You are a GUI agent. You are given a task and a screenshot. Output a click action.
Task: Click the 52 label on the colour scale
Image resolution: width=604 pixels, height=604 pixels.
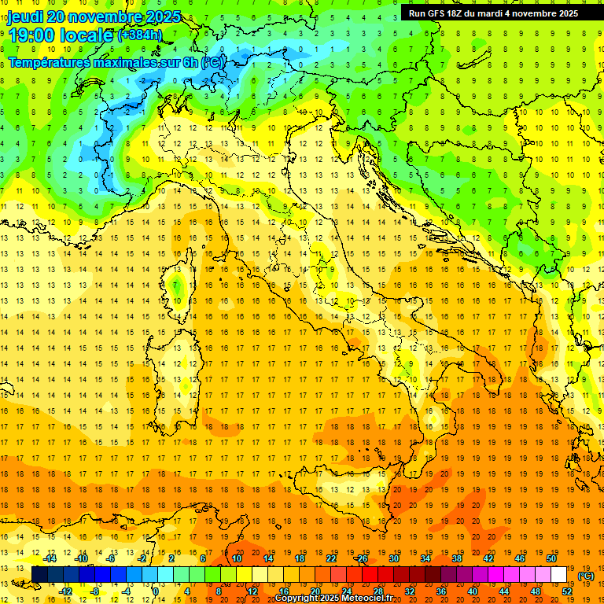567,591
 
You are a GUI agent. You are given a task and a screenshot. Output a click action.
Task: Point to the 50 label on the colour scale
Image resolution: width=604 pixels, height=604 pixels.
551,558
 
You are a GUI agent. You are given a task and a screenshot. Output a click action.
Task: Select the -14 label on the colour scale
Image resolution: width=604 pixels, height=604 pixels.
50,558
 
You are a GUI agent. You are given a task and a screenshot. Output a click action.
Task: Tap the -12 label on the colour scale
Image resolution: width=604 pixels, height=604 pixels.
65,591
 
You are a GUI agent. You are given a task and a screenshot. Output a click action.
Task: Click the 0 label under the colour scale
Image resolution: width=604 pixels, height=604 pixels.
156,591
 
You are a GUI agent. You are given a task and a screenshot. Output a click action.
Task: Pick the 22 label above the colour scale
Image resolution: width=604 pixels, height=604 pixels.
331,558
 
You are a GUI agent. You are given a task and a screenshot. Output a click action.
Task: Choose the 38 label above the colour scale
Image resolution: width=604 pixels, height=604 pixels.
457,558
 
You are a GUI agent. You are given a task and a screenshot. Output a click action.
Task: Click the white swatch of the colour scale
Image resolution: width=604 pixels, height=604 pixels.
559,575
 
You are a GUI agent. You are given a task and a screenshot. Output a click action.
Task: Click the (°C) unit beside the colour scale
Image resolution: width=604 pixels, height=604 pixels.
586,576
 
